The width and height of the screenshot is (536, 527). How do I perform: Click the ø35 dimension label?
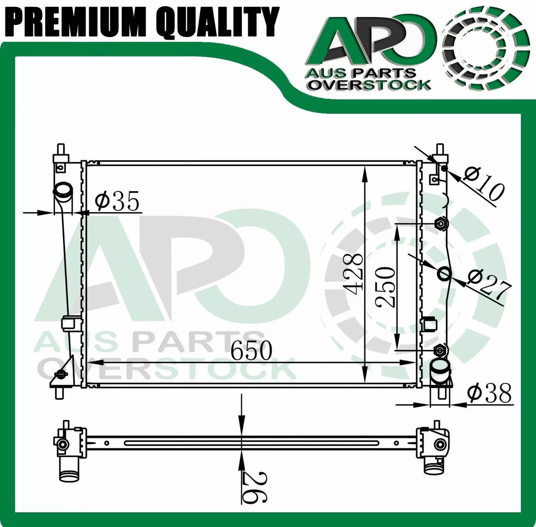[116, 201]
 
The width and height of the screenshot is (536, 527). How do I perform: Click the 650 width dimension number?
[251, 351]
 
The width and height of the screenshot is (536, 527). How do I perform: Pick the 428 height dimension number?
[353, 275]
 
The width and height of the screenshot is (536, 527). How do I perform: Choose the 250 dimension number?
[385, 287]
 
